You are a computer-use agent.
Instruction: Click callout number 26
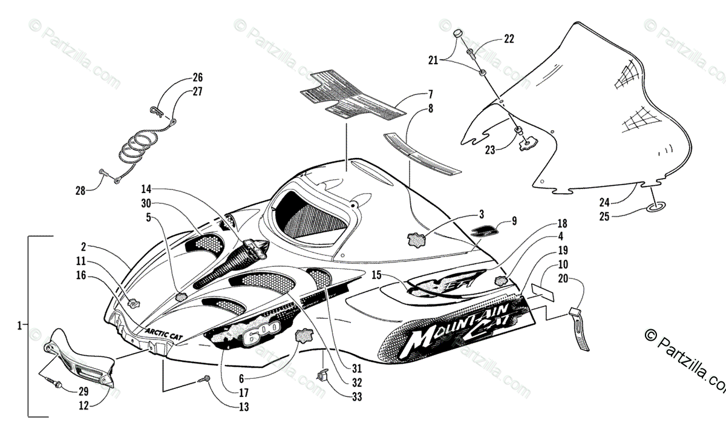pos(198,77)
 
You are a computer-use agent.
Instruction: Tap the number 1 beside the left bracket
pos(20,326)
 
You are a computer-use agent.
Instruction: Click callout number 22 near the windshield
pos(509,39)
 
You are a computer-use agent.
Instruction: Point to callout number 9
pos(514,222)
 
